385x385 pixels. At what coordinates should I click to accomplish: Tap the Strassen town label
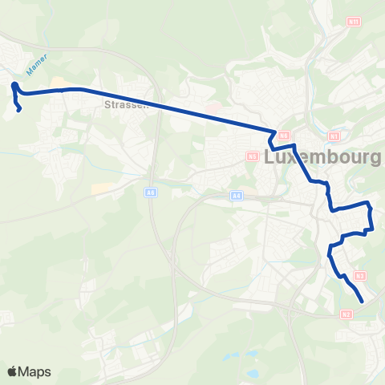123,104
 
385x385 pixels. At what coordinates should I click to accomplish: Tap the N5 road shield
251,156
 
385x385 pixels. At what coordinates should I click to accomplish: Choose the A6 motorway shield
150,192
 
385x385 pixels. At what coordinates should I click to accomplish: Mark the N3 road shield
359,276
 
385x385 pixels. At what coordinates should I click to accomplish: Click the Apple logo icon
13,371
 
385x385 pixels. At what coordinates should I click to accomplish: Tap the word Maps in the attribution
34,371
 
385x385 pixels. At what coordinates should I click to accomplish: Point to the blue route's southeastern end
362,302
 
